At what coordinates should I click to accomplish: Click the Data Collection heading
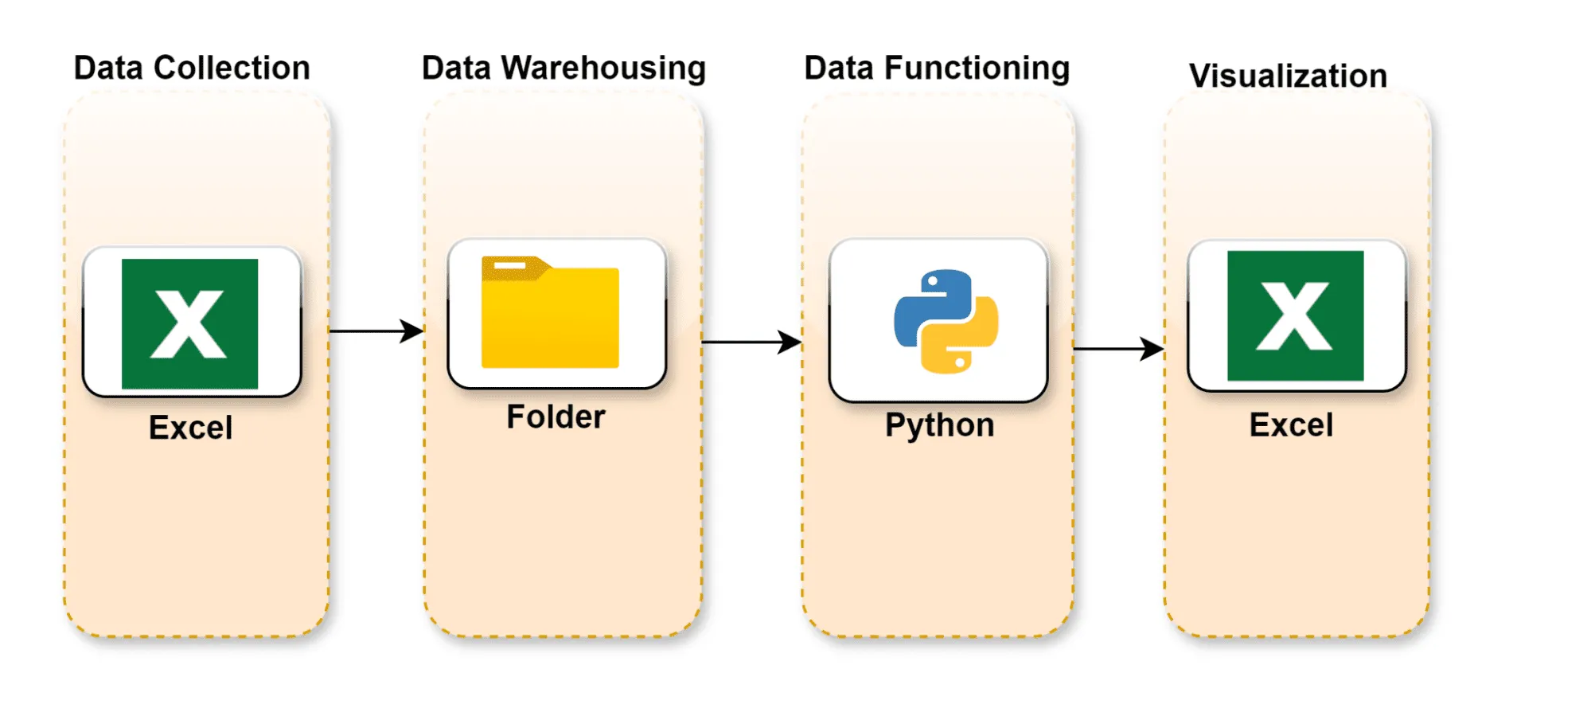[192, 68]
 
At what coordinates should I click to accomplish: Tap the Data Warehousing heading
[563, 68]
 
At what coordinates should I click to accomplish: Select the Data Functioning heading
[937, 68]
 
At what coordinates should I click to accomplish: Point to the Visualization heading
[1288, 76]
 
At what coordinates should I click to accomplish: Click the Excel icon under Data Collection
[189, 323]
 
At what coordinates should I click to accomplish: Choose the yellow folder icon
[550, 313]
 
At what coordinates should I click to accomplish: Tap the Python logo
[946, 321]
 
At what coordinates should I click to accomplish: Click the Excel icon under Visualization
[1295, 316]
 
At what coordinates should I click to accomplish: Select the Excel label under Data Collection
[190, 428]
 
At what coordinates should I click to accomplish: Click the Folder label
[556, 417]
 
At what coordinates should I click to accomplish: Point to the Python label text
[939, 425]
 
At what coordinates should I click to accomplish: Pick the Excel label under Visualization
[1291, 425]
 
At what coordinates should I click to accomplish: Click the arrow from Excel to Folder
[376, 331]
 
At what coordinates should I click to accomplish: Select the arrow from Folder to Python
[751, 342]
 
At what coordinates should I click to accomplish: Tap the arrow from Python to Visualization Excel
[1118, 349]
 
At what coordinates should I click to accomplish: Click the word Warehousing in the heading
[603, 68]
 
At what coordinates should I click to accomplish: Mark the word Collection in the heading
[232, 68]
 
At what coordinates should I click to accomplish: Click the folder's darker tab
[513, 267]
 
